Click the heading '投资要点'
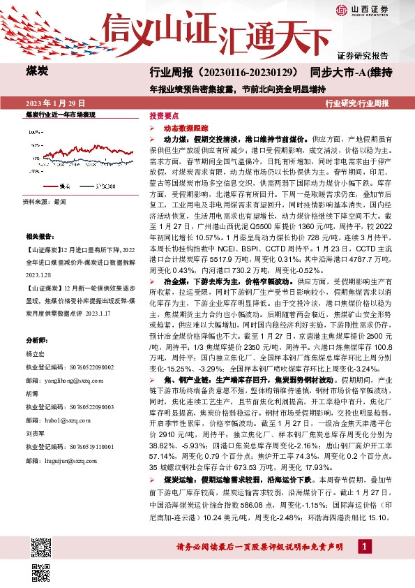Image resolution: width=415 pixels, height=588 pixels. click(x=165, y=117)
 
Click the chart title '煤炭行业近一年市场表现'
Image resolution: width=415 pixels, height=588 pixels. click(x=60, y=114)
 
